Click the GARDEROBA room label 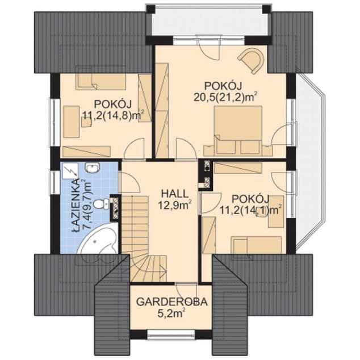click(x=171, y=302)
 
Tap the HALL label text click(x=175, y=194)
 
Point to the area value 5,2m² click(x=171, y=313)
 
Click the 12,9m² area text click(x=175, y=205)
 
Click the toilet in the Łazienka click(x=102, y=204)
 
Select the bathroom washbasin click(x=93, y=168)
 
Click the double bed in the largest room click(x=238, y=130)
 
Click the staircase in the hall click(x=144, y=239)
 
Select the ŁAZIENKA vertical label click(x=76, y=208)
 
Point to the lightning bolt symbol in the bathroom click(x=70, y=171)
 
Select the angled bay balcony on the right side click(x=310, y=162)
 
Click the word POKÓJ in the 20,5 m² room click(x=223, y=86)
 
